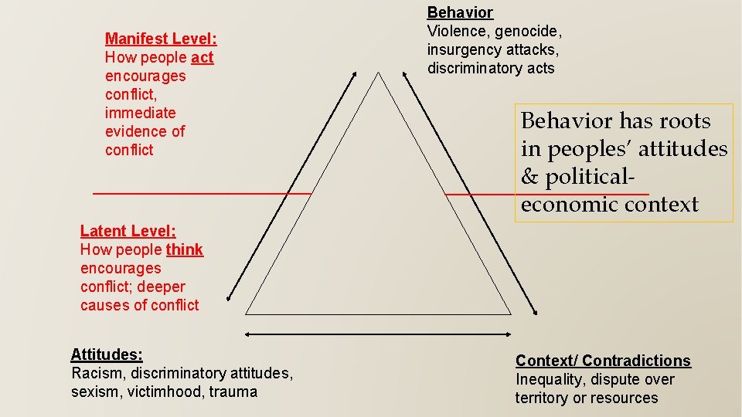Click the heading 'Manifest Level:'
coord(161,39)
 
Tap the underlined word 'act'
coord(203,57)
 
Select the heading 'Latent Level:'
coord(128,231)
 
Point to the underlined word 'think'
coord(185,249)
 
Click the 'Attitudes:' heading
coord(107,354)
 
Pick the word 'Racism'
coord(96,373)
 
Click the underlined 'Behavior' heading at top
coord(460,12)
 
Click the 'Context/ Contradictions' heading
coord(603,361)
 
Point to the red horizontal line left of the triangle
coord(201,193)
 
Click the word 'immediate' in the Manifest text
coord(140,113)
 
